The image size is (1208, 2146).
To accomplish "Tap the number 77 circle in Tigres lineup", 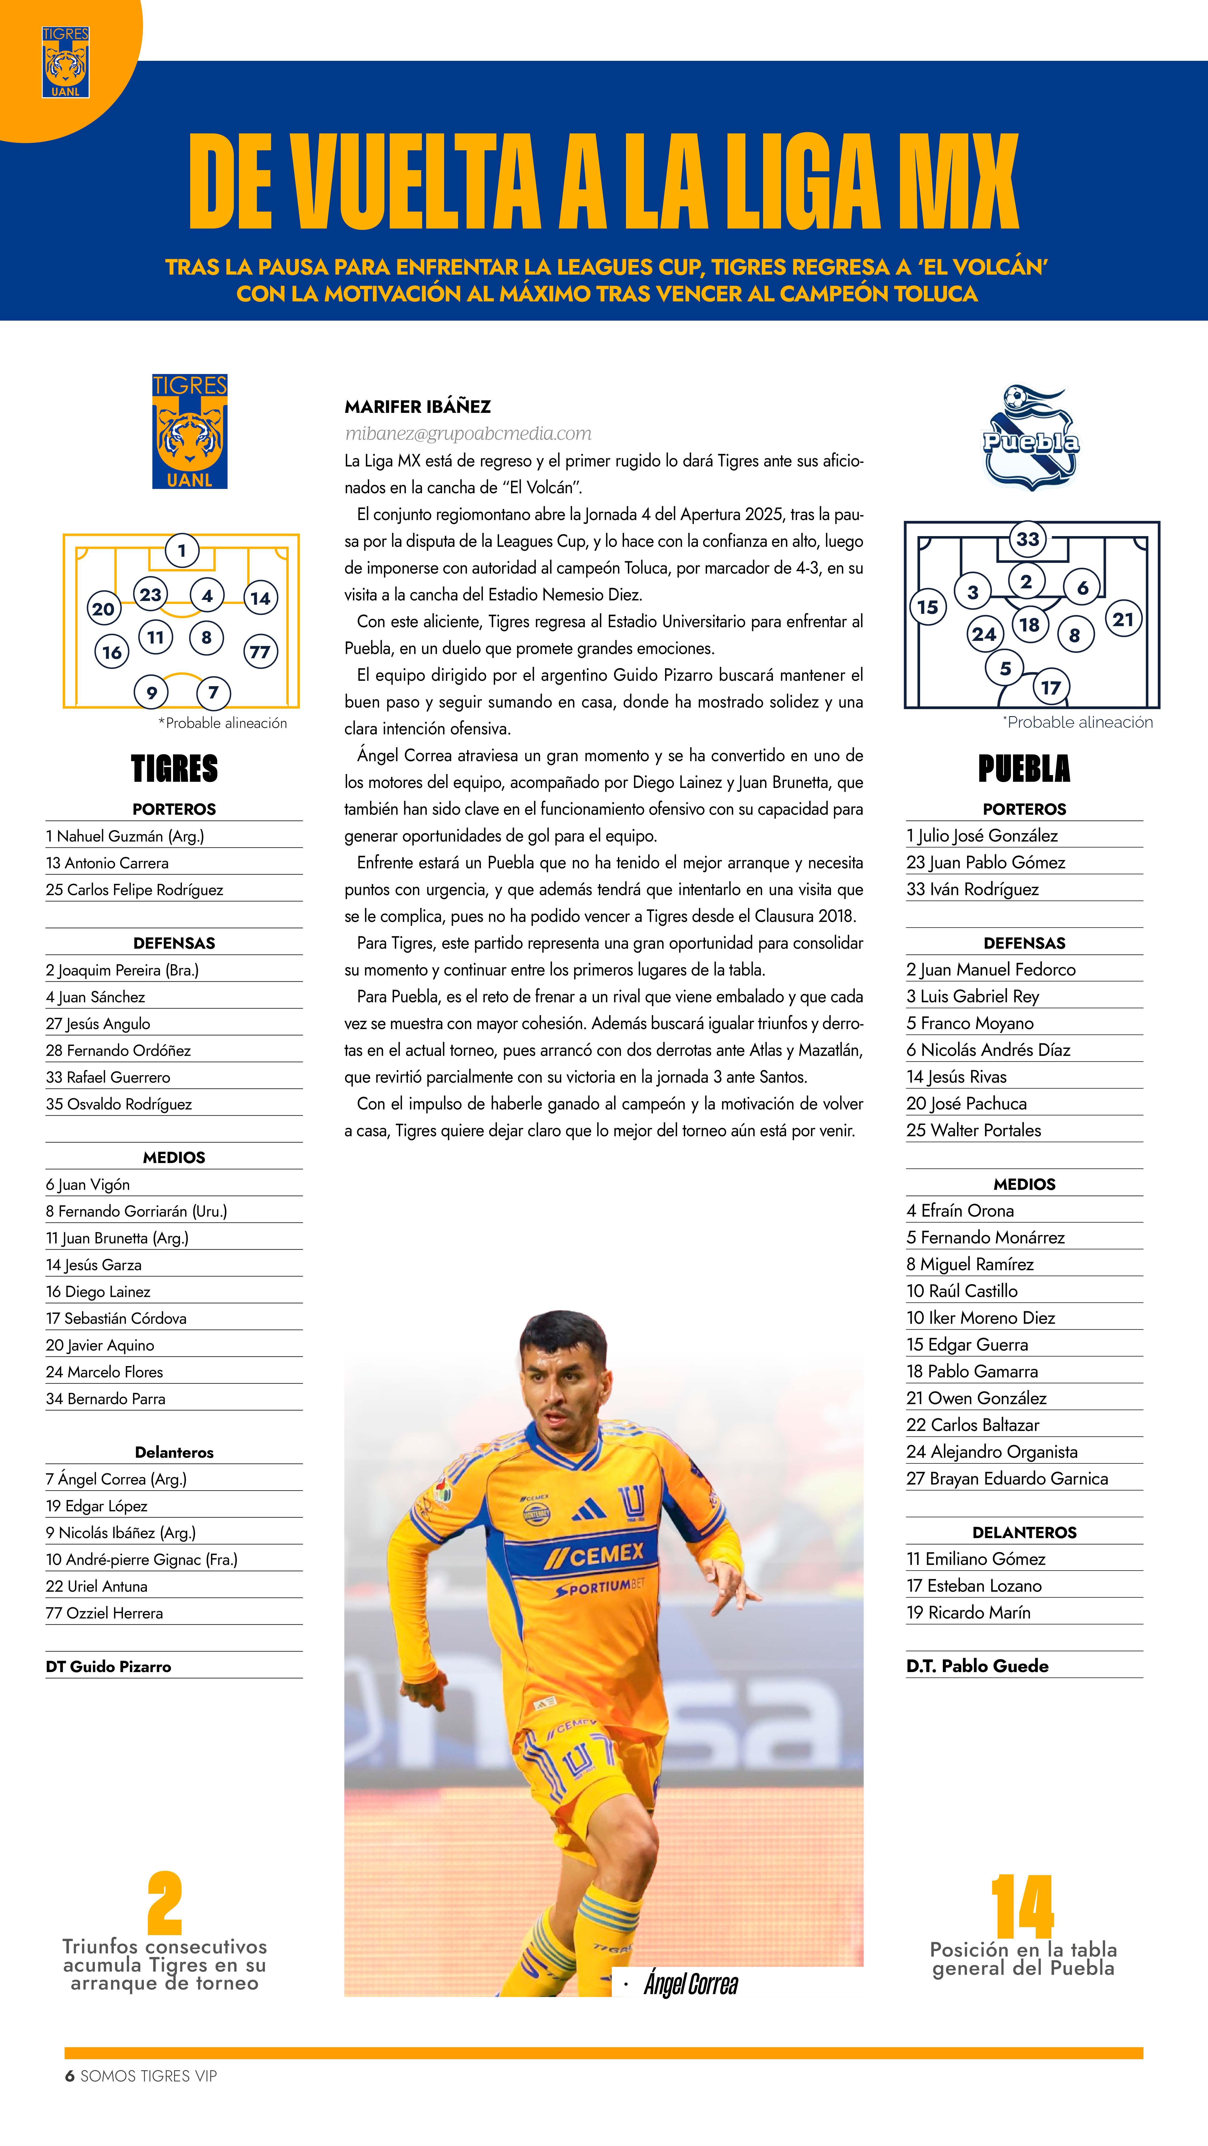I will pos(260,652).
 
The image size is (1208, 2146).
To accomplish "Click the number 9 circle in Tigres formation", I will pos(152,692).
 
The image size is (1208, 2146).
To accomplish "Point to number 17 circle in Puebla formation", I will pos(1051,687).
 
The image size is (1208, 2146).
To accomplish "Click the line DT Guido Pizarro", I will pos(108,1666).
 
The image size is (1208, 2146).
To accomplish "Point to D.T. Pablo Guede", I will pos(977,1665).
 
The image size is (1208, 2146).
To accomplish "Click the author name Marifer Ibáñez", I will pos(417,406).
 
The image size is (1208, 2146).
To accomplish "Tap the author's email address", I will pos(468,433).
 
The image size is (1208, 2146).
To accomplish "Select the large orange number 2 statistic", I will pos(165,1904).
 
